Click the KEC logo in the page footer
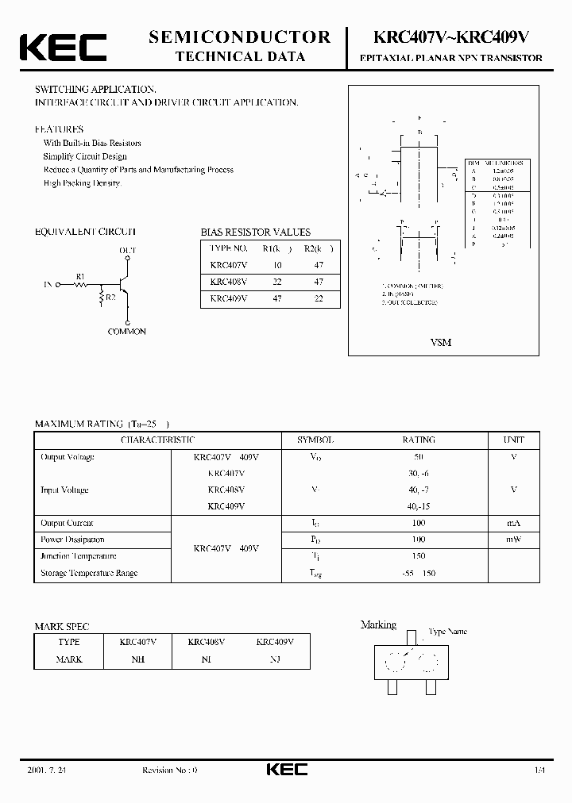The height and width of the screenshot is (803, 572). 286,769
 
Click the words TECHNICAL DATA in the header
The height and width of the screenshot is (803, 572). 240,56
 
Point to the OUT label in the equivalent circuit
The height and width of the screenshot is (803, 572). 127,251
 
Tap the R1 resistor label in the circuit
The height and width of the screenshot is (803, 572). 80,276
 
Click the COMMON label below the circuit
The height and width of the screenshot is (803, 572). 127,332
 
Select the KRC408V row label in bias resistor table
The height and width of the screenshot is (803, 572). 229,282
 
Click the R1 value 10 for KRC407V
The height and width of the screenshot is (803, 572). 278,266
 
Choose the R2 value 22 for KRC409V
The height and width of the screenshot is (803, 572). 318,298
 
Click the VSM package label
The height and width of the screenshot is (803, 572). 440,342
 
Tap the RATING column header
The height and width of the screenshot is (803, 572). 419,440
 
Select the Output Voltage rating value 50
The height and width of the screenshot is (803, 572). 419,457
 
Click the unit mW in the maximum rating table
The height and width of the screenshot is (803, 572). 513,540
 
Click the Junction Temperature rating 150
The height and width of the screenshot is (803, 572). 419,556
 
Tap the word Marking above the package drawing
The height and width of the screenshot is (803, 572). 378,625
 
